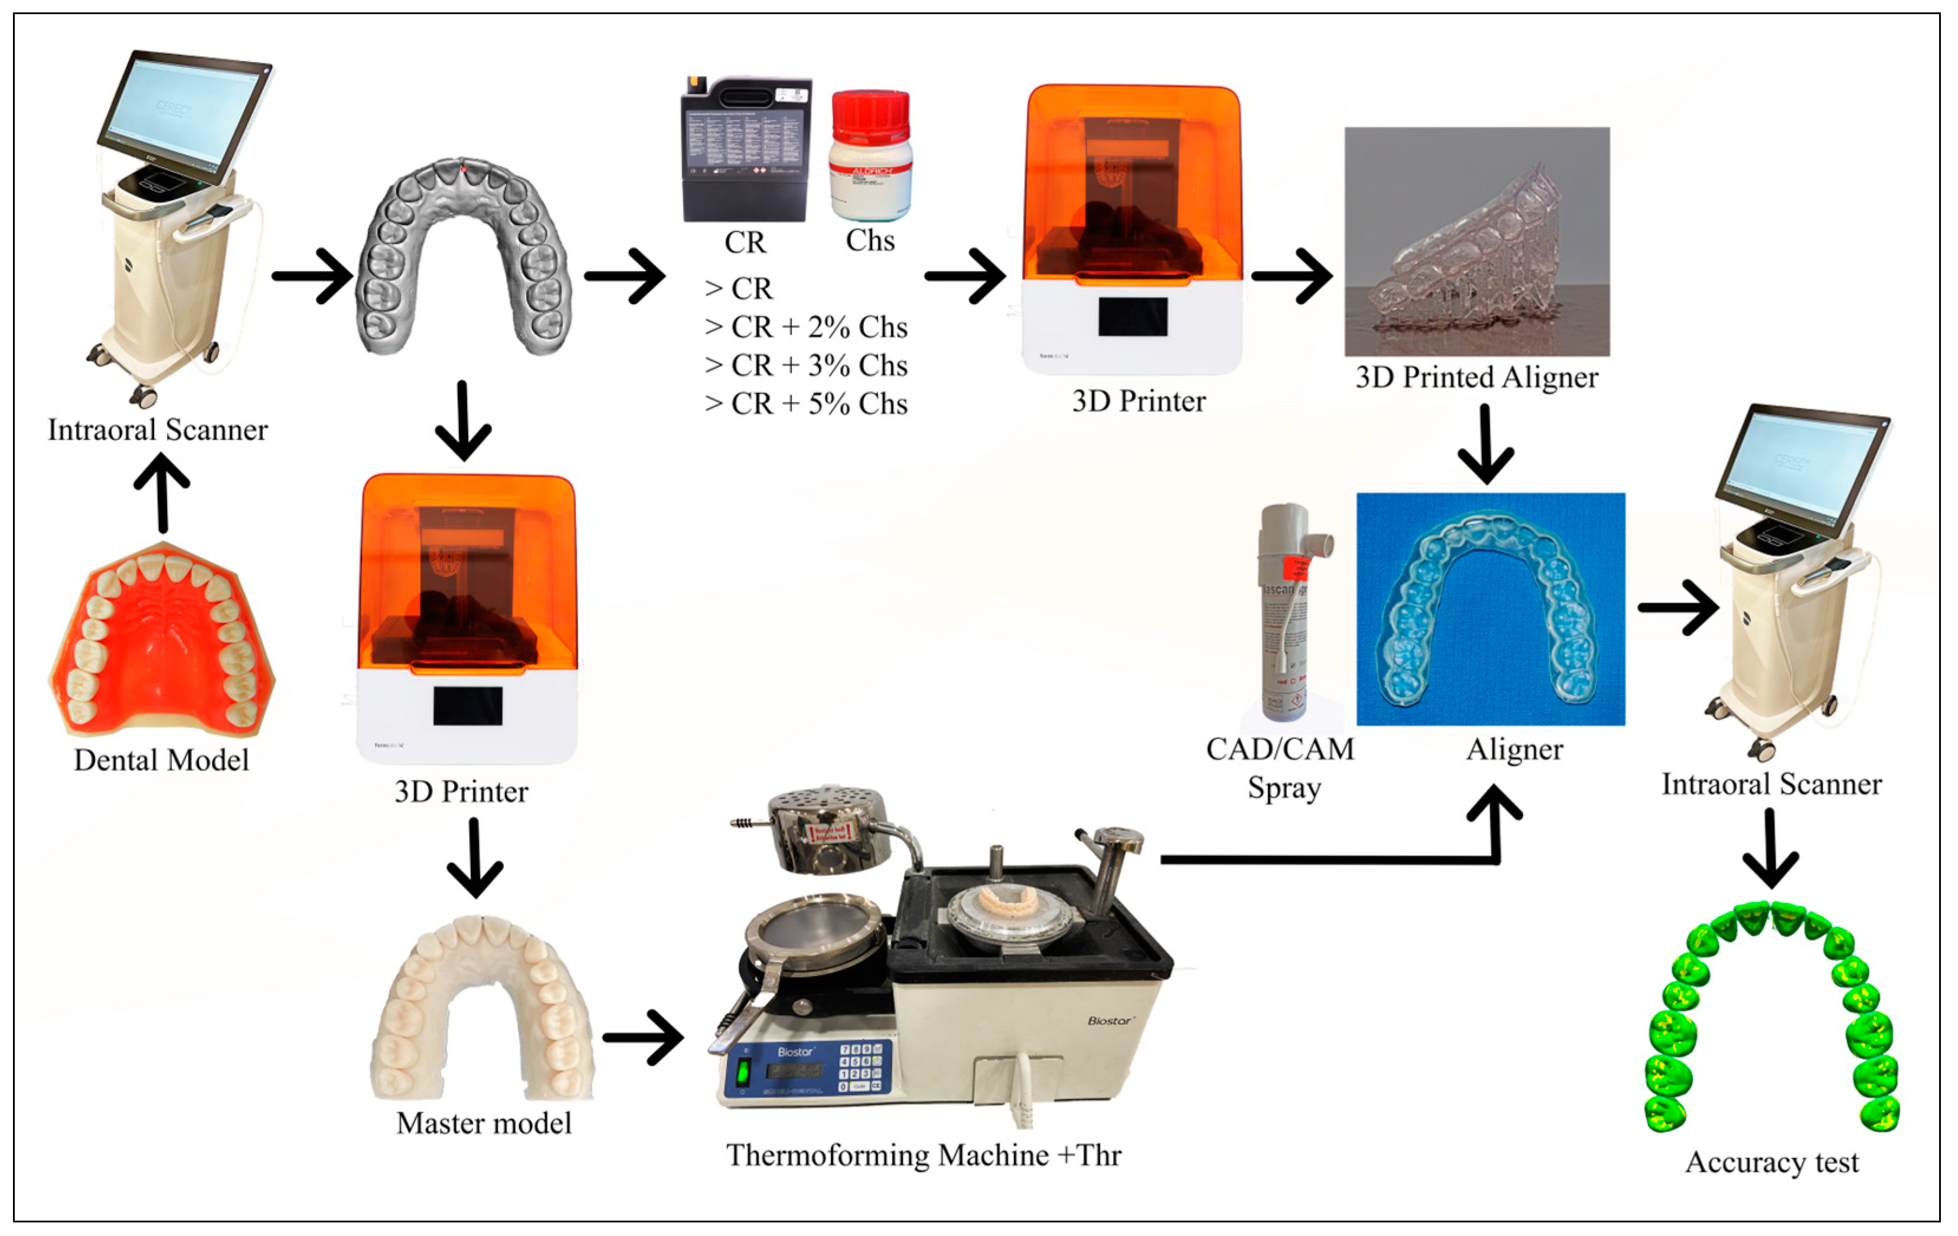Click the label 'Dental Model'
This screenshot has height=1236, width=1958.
(x=161, y=760)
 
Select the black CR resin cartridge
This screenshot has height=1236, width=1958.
(x=745, y=149)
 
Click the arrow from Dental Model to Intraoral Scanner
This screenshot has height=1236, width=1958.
(x=162, y=492)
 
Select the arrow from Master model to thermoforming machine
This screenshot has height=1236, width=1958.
(x=644, y=1037)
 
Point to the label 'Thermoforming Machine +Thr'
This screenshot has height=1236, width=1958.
(x=923, y=1155)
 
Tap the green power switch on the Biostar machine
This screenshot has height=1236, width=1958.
(x=742, y=1072)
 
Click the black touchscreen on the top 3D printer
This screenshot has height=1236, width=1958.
(x=1132, y=316)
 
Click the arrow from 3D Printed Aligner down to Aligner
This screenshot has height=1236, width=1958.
(x=1486, y=444)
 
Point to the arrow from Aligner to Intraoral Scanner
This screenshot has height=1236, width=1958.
(x=1678, y=607)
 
